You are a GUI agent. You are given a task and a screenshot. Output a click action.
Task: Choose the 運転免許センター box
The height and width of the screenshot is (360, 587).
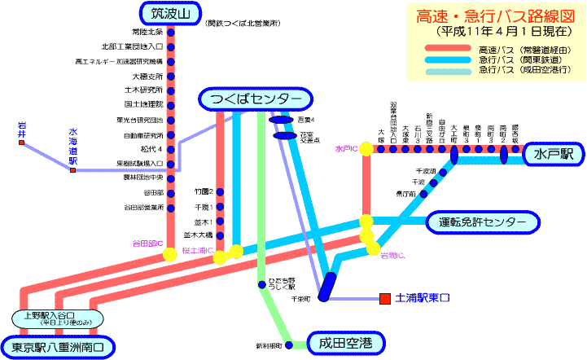483,222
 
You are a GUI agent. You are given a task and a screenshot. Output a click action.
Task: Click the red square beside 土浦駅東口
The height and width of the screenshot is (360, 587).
383,299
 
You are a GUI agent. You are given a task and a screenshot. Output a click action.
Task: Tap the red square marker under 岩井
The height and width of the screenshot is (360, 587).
22,143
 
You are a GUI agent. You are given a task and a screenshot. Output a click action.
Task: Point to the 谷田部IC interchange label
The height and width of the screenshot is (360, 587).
147,244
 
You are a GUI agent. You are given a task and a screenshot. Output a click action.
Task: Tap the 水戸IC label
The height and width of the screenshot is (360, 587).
346,150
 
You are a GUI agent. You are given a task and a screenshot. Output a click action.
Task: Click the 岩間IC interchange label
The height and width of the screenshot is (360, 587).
393,257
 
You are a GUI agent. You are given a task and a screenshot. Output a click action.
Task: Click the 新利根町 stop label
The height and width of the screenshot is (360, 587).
269,346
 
